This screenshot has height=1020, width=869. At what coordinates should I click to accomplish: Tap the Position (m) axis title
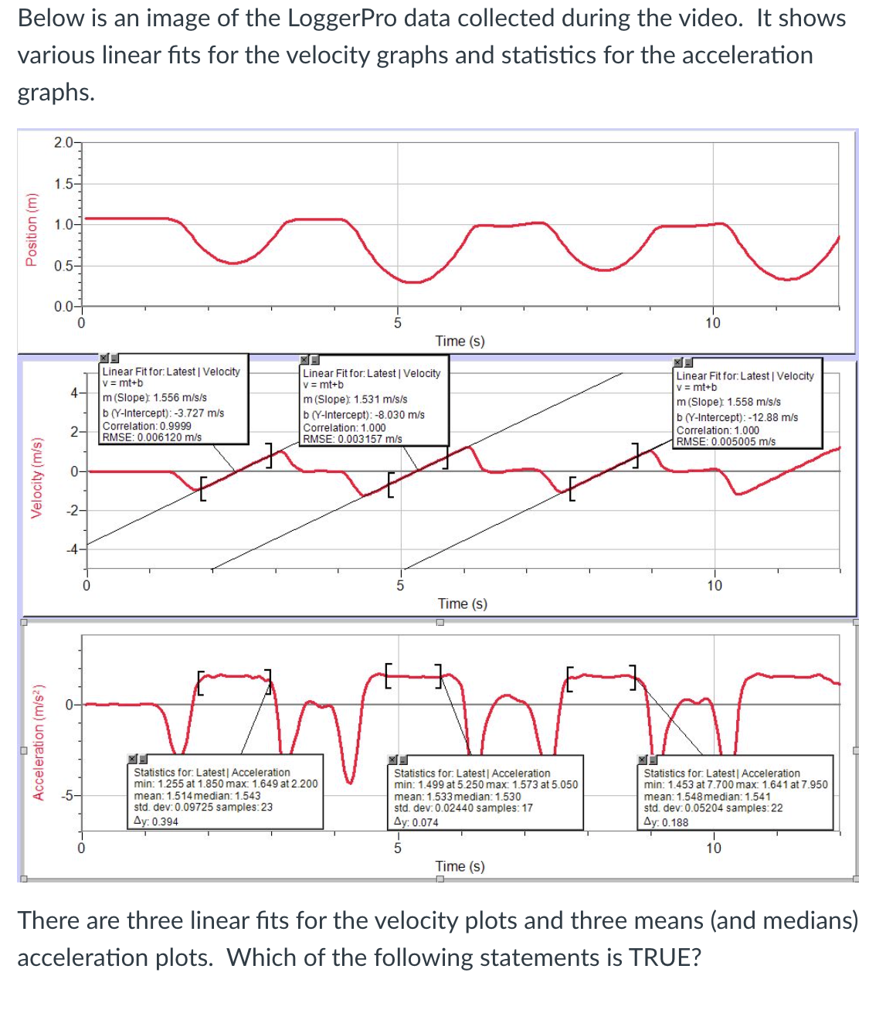(32, 229)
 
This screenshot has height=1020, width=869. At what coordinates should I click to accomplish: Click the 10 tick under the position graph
(712, 323)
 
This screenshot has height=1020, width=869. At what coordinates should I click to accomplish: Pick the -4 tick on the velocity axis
(71, 549)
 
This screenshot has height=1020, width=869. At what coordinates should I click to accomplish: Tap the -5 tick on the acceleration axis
(67, 795)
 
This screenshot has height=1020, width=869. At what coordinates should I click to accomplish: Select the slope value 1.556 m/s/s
(180, 397)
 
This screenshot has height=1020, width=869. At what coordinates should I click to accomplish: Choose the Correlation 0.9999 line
(147, 426)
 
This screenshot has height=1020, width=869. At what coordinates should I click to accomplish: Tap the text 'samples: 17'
(506, 807)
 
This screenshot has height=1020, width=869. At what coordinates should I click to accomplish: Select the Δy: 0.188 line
(666, 822)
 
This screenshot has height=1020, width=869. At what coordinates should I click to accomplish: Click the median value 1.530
(507, 796)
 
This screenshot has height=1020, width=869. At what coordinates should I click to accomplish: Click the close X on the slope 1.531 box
(304, 360)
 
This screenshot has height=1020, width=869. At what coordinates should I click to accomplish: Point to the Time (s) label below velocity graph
(462, 603)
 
